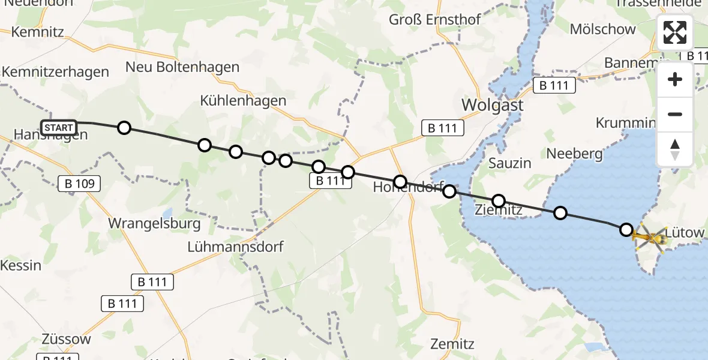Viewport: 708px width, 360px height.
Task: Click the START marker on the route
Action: click(x=59, y=128)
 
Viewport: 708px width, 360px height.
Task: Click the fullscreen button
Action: click(x=675, y=32)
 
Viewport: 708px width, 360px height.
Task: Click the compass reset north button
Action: click(x=675, y=149)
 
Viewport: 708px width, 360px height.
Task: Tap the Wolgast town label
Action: click(x=492, y=106)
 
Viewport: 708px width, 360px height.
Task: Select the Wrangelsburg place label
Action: click(x=154, y=223)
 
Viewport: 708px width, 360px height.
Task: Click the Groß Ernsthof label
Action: click(x=434, y=19)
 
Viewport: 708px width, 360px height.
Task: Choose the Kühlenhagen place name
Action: click(x=244, y=100)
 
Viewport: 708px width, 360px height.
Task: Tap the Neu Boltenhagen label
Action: click(x=182, y=67)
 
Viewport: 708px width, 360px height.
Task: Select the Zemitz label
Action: click(x=452, y=344)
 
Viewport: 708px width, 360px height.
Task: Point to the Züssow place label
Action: click(x=67, y=339)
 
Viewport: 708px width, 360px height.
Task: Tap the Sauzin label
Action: click(x=509, y=163)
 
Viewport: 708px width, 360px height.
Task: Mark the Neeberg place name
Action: click(x=574, y=154)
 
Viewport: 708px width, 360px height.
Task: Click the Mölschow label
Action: click(x=602, y=29)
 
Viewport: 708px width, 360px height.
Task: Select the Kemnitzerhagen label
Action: click(x=55, y=72)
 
